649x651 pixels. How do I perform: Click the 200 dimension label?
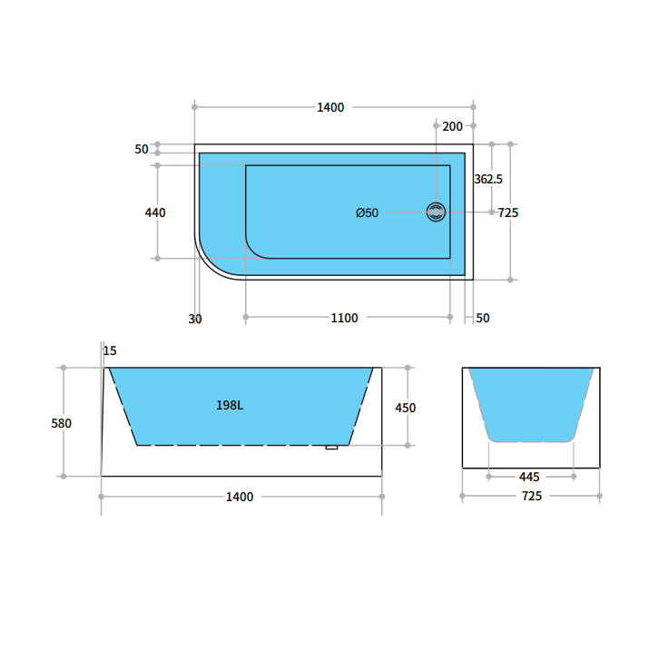[x=452, y=126]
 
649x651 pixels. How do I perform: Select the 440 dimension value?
[x=155, y=212]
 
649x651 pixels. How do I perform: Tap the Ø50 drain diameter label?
[x=367, y=212]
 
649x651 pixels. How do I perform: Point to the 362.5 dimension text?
[x=488, y=180]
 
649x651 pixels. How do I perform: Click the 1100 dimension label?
[x=344, y=318]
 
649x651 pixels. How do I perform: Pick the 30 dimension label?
[x=195, y=319]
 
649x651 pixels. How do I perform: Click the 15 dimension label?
[x=110, y=350]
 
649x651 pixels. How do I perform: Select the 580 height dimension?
[x=62, y=423]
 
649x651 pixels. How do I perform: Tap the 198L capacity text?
[x=230, y=406]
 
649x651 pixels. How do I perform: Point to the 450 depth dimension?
[x=405, y=408]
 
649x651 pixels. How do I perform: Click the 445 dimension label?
[x=530, y=477]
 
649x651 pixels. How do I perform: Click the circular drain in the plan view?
[x=437, y=212]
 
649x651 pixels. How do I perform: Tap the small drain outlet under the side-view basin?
[x=331, y=447]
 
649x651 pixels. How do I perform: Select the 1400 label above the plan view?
[x=330, y=107]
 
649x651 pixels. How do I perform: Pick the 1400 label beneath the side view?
[x=240, y=497]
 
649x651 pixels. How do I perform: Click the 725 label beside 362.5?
[x=508, y=212]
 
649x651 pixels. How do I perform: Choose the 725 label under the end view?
[x=531, y=496]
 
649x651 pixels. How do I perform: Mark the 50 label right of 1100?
[x=483, y=318]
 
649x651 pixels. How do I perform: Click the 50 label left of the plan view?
[x=142, y=149]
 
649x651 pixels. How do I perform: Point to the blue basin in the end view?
[x=531, y=399]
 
